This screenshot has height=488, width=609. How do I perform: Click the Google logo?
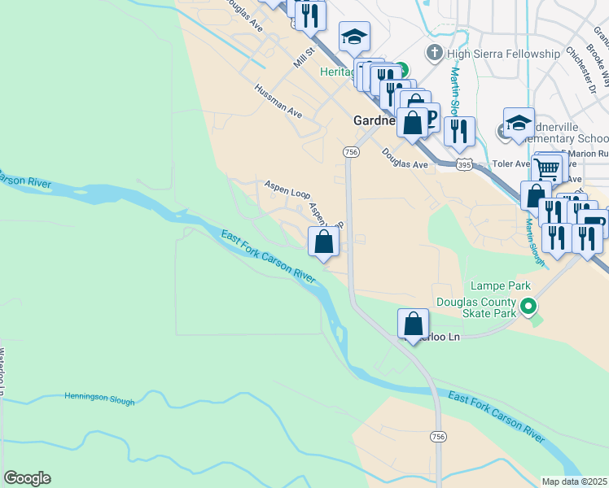point(27,478)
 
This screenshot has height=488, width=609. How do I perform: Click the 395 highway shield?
point(463,165)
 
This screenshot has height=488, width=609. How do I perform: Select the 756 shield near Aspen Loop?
point(351,152)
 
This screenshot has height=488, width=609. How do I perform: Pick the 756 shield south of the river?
point(439,437)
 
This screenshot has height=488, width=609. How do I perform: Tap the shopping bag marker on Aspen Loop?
point(324,242)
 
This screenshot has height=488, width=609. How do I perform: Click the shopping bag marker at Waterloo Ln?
point(414,323)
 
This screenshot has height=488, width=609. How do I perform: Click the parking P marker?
point(430,120)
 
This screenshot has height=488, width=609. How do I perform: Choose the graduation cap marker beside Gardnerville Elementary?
point(519,124)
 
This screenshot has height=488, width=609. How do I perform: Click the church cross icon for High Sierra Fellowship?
point(434,54)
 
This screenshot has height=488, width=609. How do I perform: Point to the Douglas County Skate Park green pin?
point(529,307)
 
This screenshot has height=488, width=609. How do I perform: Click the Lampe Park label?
point(501,285)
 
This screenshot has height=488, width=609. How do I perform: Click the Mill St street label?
point(304,59)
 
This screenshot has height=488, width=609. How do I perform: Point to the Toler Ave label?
point(511,163)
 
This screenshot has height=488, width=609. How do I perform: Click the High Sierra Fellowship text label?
point(504,54)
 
